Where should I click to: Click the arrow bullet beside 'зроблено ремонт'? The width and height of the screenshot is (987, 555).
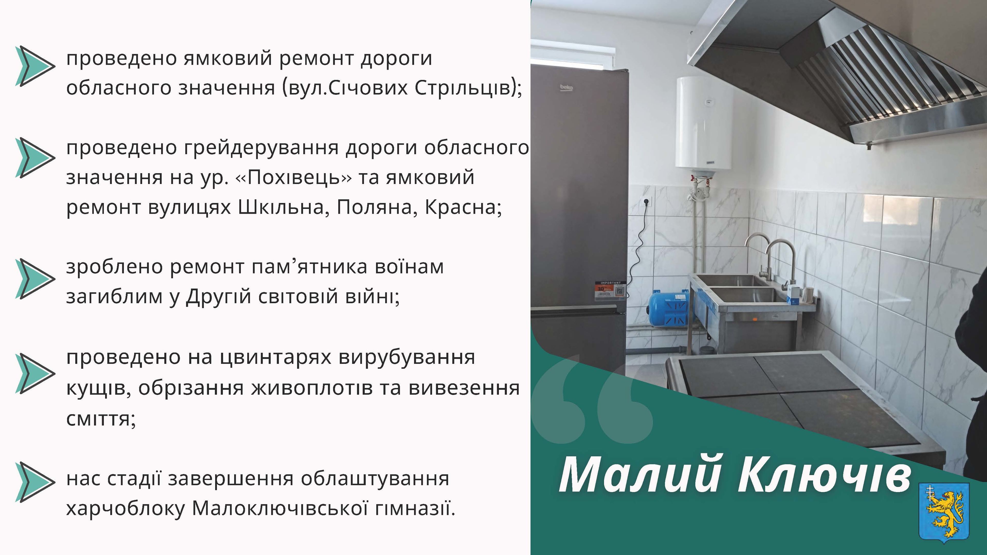[x=35, y=279]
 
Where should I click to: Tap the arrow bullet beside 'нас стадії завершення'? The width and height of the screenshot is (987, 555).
[x=35, y=482]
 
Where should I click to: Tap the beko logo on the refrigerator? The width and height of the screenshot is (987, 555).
[x=566, y=88]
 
